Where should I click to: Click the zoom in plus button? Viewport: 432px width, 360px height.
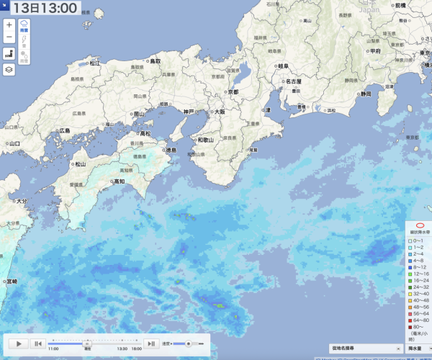point(9,24)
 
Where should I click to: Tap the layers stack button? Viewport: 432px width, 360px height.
point(9,69)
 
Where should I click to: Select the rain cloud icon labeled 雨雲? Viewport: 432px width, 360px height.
point(24,26)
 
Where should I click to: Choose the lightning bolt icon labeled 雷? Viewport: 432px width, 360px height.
point(24,42)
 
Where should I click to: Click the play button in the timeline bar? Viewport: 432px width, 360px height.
point(19,344)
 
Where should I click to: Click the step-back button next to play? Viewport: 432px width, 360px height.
point(38,344)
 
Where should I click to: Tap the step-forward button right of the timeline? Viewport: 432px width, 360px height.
point(151,344)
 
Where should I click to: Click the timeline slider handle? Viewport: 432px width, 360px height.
point(88,343)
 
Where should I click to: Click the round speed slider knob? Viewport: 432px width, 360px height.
point(189,343)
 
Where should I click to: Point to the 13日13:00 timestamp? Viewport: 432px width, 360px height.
point(45,9)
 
